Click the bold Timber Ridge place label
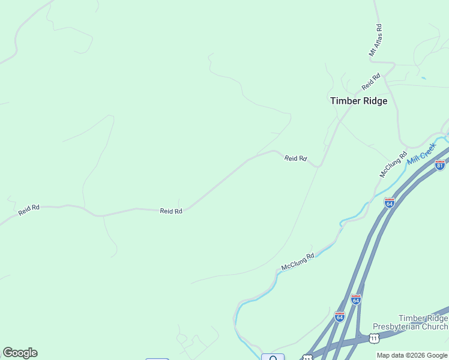click(x=358, y=101)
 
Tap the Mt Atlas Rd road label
click(x=375, y=41)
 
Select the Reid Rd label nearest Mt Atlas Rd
click(x=371, y=81)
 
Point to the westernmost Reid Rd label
click(x=29, y=210)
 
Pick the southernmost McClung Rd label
click(x=298, y=262)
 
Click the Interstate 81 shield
click(x=440, y=165)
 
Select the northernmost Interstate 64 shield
click(x=390, y=203)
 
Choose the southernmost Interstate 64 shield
click(x=340, y=316)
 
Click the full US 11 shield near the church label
click(x=375, y=338)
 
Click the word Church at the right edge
click(x=435, y=326)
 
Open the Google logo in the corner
click(x=20, y=353)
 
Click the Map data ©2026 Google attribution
click(x=412, y=355)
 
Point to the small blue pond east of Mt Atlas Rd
click(x=424, y=78)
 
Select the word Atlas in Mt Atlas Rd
click(x=376, y=40)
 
